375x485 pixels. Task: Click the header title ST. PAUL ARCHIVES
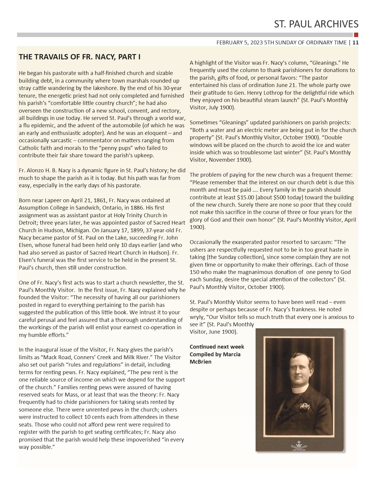click(x=316, y=24)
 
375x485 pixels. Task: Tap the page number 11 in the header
click(x=355, y=43)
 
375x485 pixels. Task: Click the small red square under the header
click(x=356, y=35)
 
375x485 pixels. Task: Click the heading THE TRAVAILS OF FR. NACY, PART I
click(x=79, y=57)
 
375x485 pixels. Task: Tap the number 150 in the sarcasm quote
click(x=195, y=272)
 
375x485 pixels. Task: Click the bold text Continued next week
click(x=217, y=347)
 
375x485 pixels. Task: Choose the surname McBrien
click(x=201, y=362)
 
